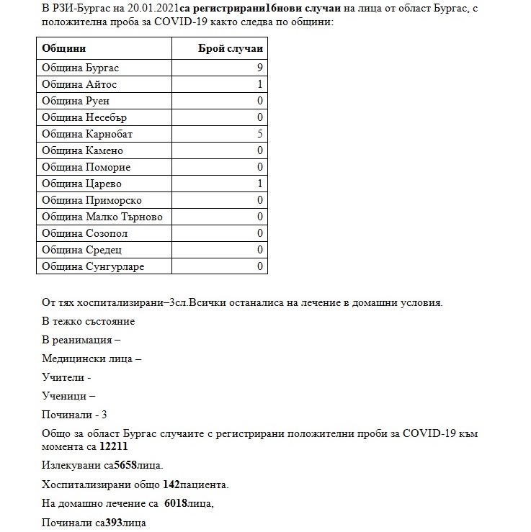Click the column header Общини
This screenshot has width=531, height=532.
click(x=64, y=48)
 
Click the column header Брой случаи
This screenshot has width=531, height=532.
click(x=231, y=48)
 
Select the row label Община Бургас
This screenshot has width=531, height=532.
click(x=80, y=68)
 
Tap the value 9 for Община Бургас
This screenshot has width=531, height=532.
click(x=259, y=68)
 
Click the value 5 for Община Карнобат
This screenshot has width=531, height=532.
click(x=259, y=134)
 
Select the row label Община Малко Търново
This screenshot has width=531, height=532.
click(x=102, y=217)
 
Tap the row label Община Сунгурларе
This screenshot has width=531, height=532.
click(x=93, y=266)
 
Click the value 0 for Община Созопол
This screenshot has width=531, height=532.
click(x=259, y=233)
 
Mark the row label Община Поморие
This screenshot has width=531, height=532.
click(x=86, y=167)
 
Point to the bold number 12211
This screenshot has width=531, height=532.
click(x=114, y=446)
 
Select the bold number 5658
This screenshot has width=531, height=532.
click(x=127, y=465)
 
